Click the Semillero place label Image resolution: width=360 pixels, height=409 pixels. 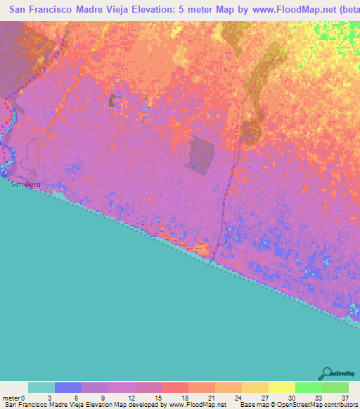click(x=23, y=185)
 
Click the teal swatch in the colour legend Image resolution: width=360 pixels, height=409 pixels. click(x=41, y=387)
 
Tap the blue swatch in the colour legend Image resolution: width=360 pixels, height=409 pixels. click(x=68, y=387)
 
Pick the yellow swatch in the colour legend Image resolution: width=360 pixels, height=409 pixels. click(x=281, y=387)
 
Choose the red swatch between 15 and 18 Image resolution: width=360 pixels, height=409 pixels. click(x=174, y=387)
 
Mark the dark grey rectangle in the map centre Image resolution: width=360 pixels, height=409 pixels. click(x=201, y=155)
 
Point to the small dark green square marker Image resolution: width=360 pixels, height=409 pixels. click(x=112, y=101)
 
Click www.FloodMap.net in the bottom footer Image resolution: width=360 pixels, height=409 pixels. click(x=200, y=405)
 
